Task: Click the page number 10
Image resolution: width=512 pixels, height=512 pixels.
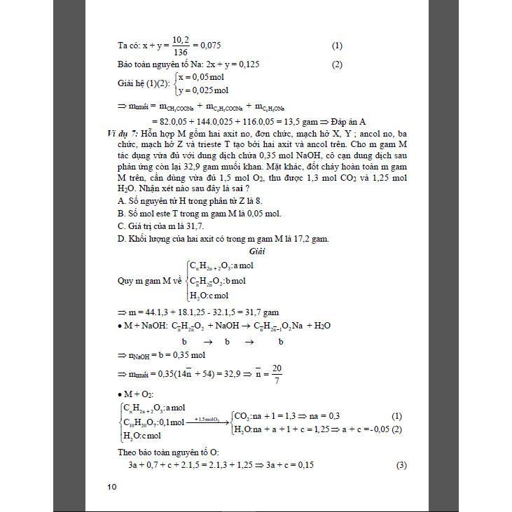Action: (x=112, y=487)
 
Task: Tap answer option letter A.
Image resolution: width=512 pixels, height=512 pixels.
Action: (x=121, y=200)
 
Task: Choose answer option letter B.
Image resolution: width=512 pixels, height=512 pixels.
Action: (x=121, y=213)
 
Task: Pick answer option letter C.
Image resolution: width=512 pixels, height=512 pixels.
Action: (x=121, y=226)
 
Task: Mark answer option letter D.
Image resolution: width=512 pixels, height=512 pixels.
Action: (x=121, y=238)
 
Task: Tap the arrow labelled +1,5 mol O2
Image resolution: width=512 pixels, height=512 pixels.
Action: (x=208, y=420)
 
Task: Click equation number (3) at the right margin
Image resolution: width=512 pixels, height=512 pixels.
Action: (x=401, y=465)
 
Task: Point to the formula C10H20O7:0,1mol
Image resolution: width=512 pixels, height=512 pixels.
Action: (x=153, y=422)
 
